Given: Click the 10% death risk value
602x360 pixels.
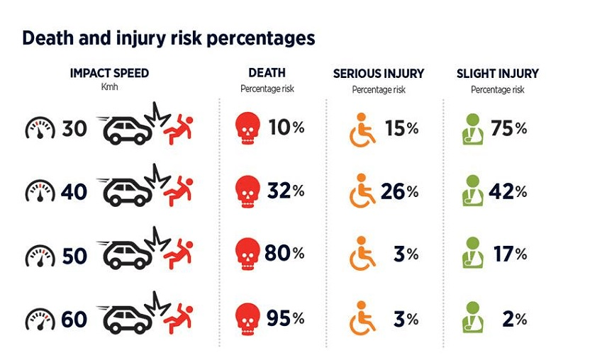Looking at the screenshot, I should click(286, 128).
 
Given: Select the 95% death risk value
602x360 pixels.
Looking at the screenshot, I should click(284, 319).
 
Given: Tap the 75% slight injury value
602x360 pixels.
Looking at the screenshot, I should click(508, 128).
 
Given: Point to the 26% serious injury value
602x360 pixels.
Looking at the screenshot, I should click(401, 191).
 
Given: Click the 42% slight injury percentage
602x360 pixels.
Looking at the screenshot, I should click(508, 191).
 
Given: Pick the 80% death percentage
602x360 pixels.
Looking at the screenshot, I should click(284, 253).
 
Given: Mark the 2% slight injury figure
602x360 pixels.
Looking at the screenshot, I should click(514, 319).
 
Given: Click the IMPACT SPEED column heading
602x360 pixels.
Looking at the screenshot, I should click(109, 73).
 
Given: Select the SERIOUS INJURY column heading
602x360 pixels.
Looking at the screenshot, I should click(379, 74).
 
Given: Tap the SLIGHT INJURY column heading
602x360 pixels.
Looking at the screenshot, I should click(497, 74).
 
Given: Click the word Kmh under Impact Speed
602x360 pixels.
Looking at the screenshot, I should click(109, 88).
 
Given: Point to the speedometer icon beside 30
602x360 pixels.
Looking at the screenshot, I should click(40, 129).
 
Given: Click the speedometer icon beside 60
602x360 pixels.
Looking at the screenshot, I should click(40, 320).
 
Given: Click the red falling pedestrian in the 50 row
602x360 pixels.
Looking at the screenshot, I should click(178, 253).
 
